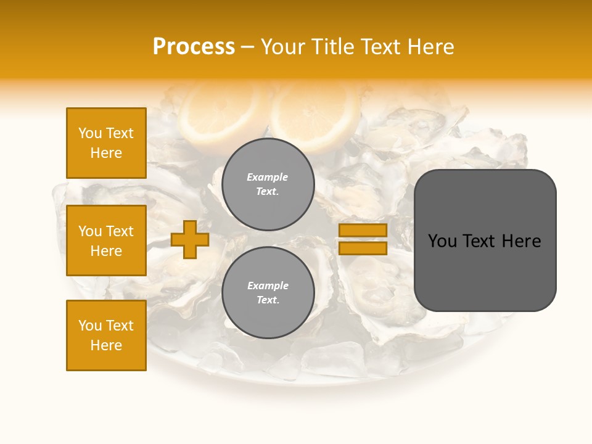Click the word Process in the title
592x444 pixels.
pos(194,47)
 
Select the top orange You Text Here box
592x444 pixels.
pos(106,143)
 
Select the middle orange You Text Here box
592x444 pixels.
pos(106,240)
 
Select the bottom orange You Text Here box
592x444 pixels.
pos(106,335)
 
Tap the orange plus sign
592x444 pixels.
pos(190,239)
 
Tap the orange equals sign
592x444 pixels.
pos(363,239)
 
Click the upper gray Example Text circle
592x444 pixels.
pos(268,184)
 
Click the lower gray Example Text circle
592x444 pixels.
pos(268,293)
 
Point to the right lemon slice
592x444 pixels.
pos(316,114)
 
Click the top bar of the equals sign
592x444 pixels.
pos(363,231)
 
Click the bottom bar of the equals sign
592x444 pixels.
pos(363,248)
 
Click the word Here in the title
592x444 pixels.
pos(430,47)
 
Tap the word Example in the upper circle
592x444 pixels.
pos(268,178)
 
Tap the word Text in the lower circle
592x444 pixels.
pos(268,300)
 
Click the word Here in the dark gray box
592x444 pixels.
pos(521,241)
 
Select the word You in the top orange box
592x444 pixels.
pos(90,133)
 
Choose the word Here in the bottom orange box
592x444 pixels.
pos(106,345)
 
